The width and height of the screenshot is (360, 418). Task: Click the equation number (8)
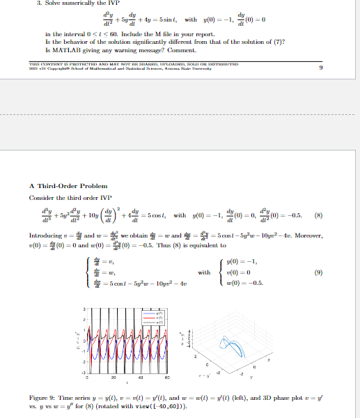pos(319,215)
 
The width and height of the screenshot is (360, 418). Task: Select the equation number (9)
pos(319,274)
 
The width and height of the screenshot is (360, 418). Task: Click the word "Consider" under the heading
pos(41,198)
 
